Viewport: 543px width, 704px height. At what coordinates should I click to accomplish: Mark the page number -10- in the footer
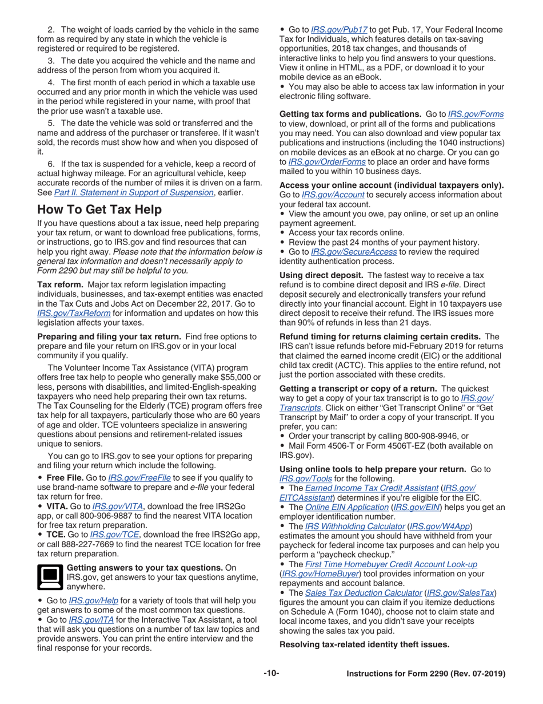(271, 674)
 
